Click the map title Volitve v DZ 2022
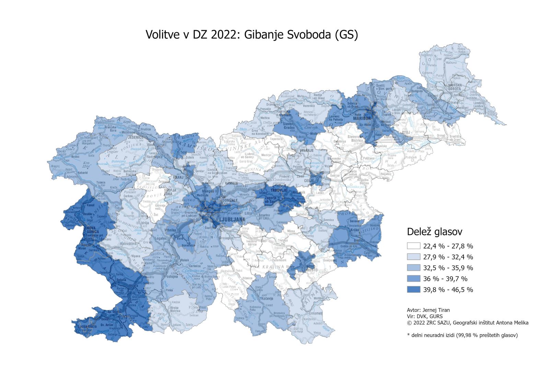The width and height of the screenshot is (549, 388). pos(252,35)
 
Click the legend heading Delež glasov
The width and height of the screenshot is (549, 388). pos(434,232)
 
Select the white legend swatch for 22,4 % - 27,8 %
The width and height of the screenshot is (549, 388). pos(413,246)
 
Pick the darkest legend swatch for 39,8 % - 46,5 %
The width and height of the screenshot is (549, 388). pos(413,290)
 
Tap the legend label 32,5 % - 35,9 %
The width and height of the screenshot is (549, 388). pos(448,268)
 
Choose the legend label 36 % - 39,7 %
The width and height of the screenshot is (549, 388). pos(445,279)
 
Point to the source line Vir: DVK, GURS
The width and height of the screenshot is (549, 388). pos(425,316)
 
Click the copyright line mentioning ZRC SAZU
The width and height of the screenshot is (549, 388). pos(467,322)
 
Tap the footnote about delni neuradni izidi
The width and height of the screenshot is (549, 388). pos(462,335)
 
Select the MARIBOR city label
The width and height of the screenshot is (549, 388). pos(362,119)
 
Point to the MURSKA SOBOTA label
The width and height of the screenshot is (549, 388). pos(455,86)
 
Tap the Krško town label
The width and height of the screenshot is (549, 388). pos(354,230)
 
